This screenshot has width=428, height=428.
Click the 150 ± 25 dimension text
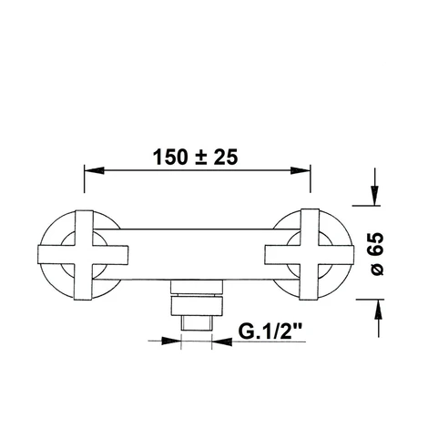[195, 158]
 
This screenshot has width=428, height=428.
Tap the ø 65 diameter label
[377, 254]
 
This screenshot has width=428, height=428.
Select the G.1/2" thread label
[270, 331]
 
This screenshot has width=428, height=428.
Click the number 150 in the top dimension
[170, 158]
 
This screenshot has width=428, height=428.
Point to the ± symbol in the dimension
[201, 158]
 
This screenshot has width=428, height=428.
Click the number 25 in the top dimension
[226, 158]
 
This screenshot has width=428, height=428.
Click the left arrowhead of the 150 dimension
[94, 170]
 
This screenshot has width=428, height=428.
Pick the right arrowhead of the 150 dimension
[301, 170]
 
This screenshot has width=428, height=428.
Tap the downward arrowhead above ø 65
[375, 196]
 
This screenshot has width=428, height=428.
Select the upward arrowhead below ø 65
[378, 309]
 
